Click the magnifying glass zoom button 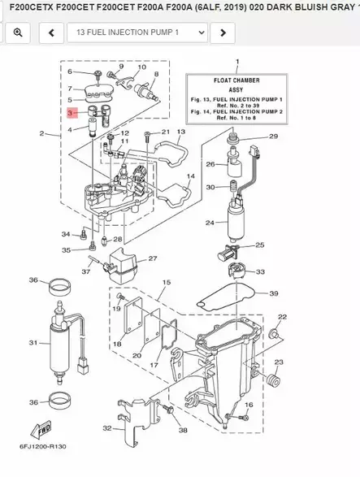coord(17,33)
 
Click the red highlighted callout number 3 coord(71,114)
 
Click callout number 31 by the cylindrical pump coord(33,342)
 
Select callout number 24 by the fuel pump coord(209,222)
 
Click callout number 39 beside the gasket coord(274,293)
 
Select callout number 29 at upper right coord(273,136)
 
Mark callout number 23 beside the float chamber coord(278,362)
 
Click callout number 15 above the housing coord(167,282)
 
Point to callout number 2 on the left coord(41,132)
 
